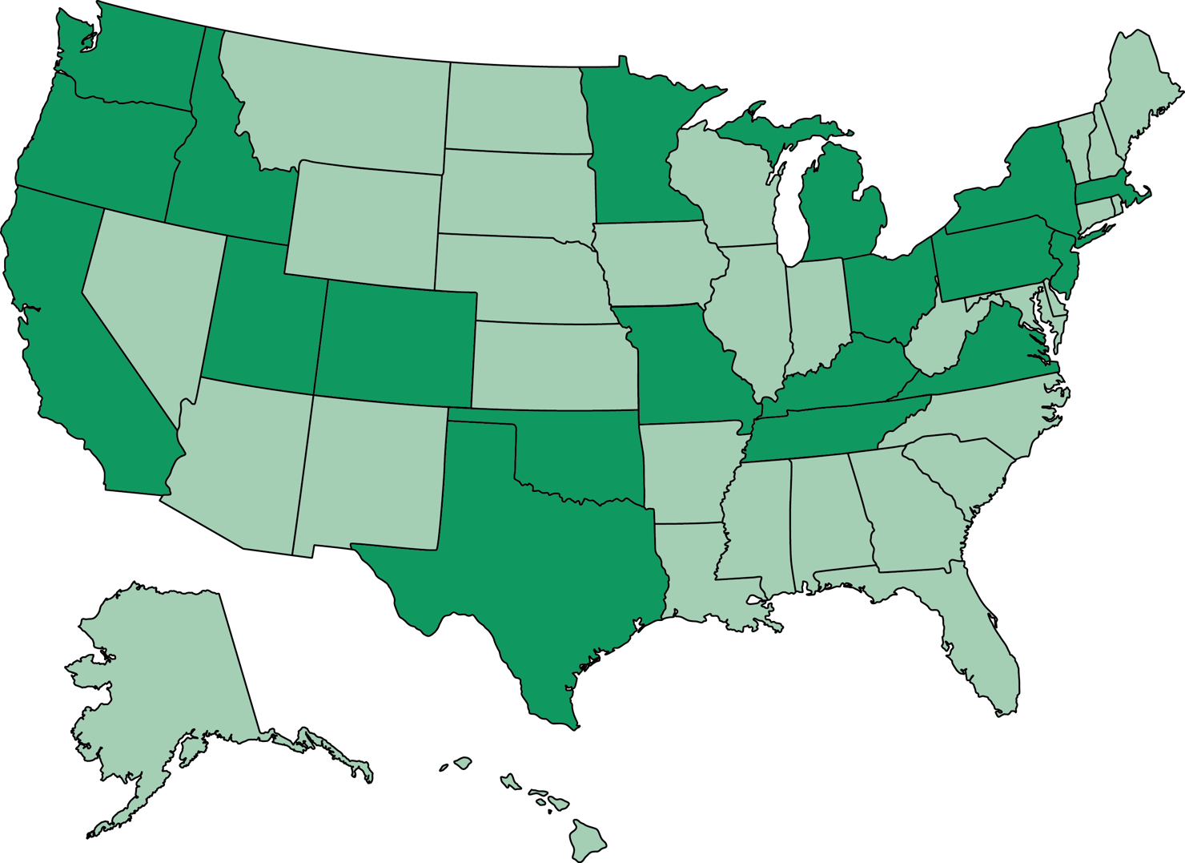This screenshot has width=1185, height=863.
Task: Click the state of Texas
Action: click(528, 561)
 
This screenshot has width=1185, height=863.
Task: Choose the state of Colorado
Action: click(396, 345)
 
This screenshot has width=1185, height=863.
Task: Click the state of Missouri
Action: click(681, 361)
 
